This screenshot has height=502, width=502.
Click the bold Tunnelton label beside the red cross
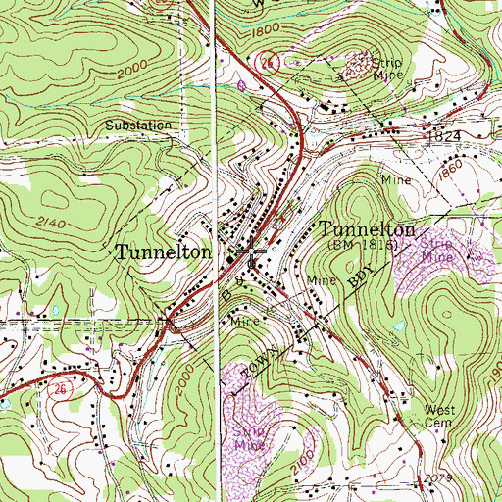(164, 252)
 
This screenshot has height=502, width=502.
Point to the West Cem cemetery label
(440, 416)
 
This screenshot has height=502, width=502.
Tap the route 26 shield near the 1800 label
(267, 63)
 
